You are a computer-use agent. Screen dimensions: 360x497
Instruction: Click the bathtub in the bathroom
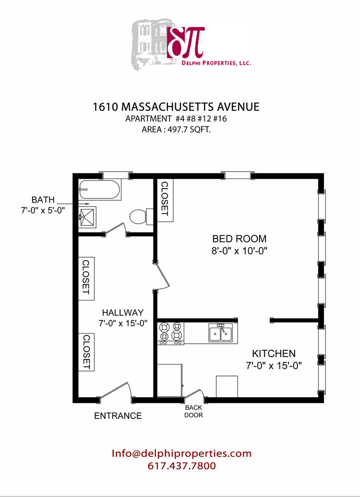pos(100,190)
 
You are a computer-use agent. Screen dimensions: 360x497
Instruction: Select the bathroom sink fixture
pos(87,217)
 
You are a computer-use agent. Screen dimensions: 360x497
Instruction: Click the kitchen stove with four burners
pos(171,333)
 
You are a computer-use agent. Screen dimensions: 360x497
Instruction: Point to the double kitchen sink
pos(221,333)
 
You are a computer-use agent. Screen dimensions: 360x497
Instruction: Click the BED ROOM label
pos(239,238)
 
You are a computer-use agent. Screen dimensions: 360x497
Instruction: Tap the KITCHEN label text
pos(274,353)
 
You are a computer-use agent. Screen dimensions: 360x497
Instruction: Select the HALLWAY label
pos(123,312)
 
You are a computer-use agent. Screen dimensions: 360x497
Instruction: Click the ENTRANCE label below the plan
pos(118,416)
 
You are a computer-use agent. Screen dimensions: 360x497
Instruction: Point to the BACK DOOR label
pos(193,411)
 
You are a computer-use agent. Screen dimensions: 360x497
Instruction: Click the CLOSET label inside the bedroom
pos(165,199)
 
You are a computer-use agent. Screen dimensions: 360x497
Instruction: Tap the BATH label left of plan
pos(43,200)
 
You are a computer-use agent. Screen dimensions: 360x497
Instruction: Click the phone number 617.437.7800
pos(182,466)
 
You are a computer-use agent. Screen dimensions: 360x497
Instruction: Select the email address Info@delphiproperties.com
pos(181,453)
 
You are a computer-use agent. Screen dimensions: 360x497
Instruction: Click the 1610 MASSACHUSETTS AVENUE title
pos(176,107)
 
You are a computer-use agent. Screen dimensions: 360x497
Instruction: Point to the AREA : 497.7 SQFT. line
pos(176,129)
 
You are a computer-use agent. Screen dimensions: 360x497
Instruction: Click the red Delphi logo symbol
pos(186,42)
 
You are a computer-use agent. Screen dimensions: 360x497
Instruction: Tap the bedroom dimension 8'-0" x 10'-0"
pos(239,251)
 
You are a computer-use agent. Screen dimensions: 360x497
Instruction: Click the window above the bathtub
pos(116,175)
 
